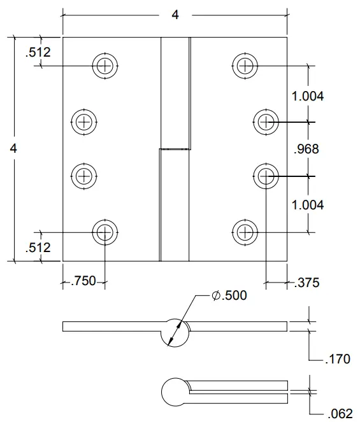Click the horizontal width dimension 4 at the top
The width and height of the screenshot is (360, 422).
(x=175, y=15)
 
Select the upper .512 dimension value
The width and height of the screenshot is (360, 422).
(x=38, y=53)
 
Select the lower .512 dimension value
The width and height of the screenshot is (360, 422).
(x=38, y=248)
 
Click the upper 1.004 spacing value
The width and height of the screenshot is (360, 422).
(x=308, y=96)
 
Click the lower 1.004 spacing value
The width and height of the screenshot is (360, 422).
(x=308, y=204)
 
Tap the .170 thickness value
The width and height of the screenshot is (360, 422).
(x=337, y=359)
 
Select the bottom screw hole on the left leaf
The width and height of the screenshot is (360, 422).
(x=105, y=232)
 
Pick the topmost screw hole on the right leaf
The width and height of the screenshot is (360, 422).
(x=244, y=64)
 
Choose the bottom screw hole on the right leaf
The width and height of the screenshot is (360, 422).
(x=244, y=232)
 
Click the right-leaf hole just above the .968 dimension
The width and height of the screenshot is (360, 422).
(x=266, y=121)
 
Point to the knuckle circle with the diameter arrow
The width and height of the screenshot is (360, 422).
(x=174, y=332)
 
